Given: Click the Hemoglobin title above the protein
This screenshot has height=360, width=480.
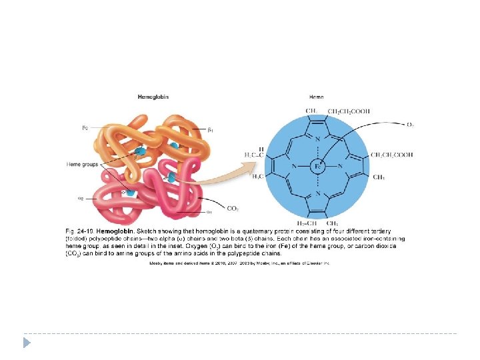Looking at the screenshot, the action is click(153, 97).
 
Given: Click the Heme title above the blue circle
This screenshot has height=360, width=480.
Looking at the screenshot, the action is click(317, 97).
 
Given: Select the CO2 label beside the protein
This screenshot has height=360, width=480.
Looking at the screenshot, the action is click(233, 209).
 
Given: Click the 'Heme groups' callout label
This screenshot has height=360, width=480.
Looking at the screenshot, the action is click(83, 163).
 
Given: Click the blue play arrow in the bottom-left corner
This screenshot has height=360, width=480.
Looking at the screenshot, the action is click(26, 343).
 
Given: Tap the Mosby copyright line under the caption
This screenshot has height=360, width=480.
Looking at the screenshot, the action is click(239, 263).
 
